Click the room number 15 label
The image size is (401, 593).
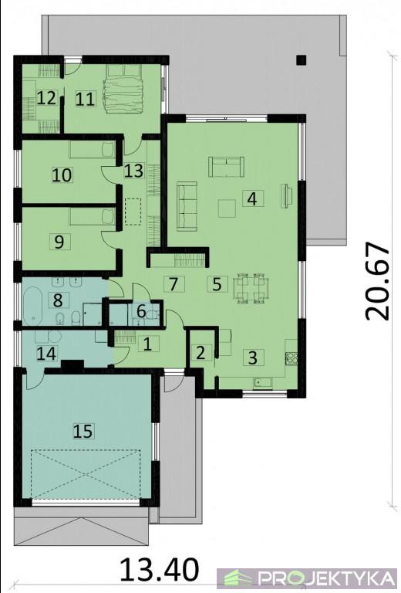click(x=83, y=431)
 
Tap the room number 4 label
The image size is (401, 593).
click(x=253, y=198)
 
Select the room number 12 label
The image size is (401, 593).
click(x=47, y=98)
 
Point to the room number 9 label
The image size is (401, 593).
click(x=59, y=242)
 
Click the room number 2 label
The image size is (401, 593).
click(x=200, y=353)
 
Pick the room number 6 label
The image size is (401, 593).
click(x=141, y=312)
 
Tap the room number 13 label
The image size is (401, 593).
click(x=133, y=171)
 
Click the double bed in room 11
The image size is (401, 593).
click(x=124, y=89)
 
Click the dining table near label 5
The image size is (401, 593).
click(x=251, y=288)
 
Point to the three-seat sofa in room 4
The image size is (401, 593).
click(x=187, y=206)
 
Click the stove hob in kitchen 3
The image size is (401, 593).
click(x=291, y=357)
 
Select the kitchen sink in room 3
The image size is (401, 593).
click(x=263, y=383)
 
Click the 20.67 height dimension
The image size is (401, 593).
click(x=377, y=281)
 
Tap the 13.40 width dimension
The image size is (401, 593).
click(x=160, y=570)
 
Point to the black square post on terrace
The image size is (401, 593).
click(x=301, y=60)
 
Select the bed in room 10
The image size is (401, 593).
click(x=92, y=150)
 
